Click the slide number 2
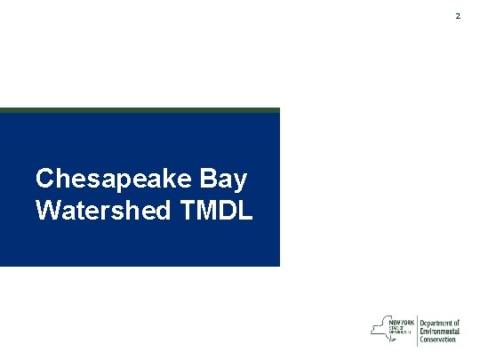click(459, 17)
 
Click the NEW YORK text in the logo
click(402, 322)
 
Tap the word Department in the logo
click(436, 323)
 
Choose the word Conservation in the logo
click(438, 339)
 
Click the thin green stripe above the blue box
click(140, 110)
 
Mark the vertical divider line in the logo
click(417, 330)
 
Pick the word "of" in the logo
click(457, 323)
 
